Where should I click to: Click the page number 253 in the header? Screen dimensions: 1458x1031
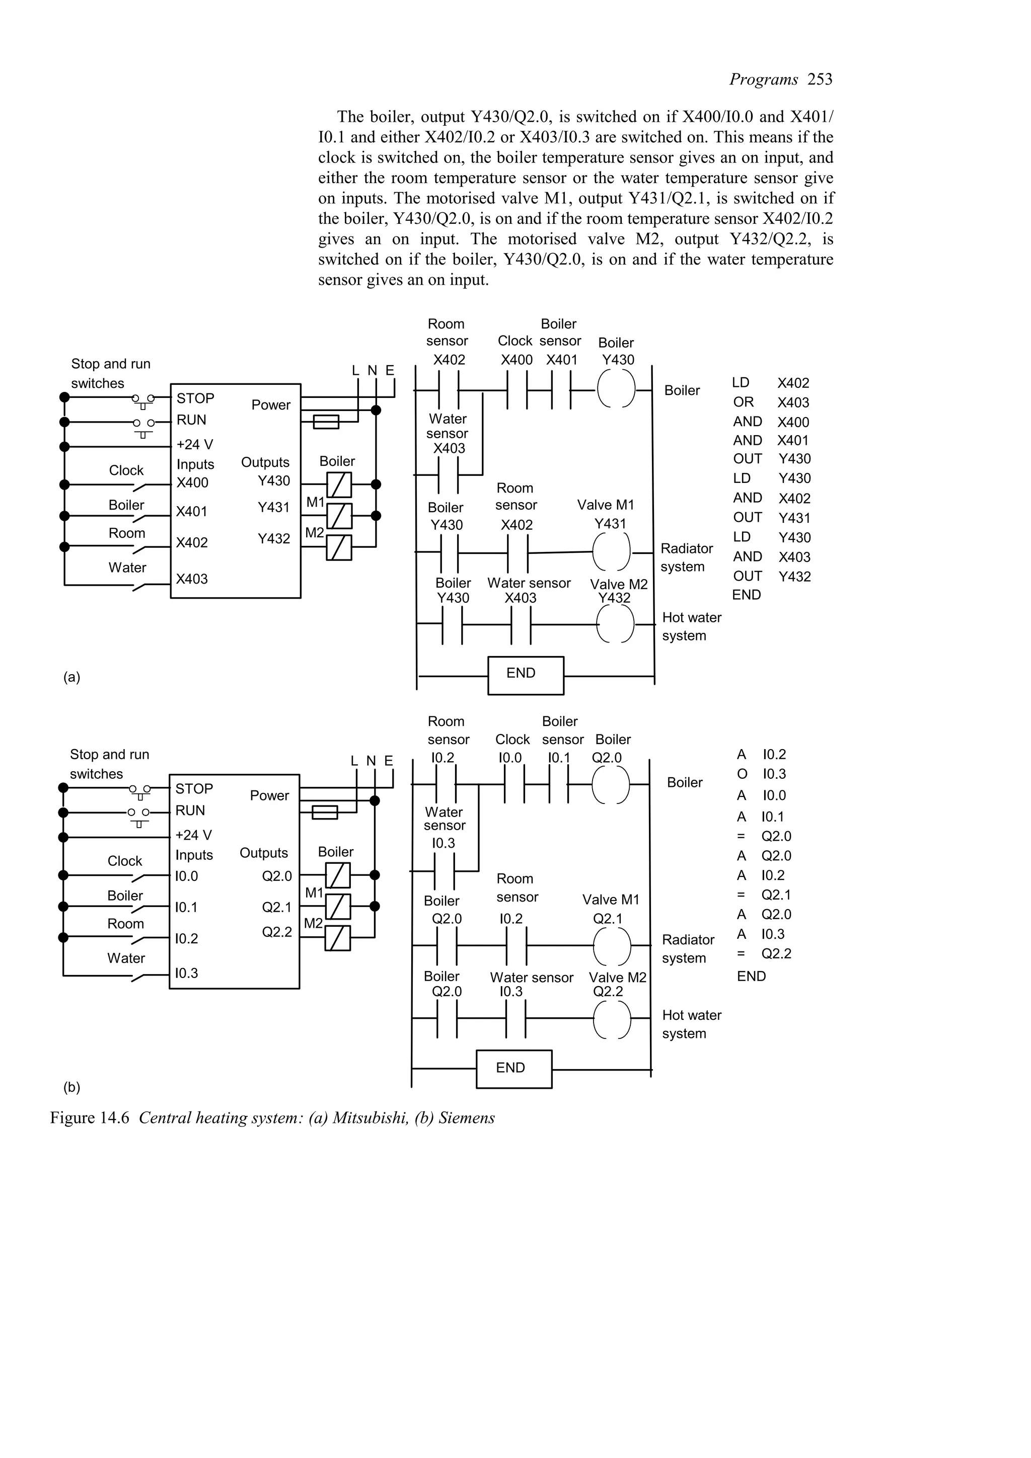[x=820, y=79]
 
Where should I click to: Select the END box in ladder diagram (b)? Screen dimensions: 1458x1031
[x=513, y=1068]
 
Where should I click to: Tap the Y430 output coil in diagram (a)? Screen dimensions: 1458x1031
[x=616, y=388]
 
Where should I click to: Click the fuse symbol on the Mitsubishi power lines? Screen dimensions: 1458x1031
[x=326, y=422]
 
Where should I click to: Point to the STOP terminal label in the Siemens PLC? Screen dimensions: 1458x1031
[x=194, y=789]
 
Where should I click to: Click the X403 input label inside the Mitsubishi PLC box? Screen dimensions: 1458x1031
[x=192, y=579]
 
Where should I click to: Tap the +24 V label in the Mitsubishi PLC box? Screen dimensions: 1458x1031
[x=194, y=445]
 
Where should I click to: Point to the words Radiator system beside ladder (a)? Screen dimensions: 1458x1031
[x=686, y=557]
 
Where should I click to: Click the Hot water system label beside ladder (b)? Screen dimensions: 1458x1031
[x=691, y=1024]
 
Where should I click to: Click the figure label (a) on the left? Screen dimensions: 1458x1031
[x=72, y=677]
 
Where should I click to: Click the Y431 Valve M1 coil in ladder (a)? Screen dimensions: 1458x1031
[x=611, y=552]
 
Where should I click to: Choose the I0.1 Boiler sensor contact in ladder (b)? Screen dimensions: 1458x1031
[x=558, y=785]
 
